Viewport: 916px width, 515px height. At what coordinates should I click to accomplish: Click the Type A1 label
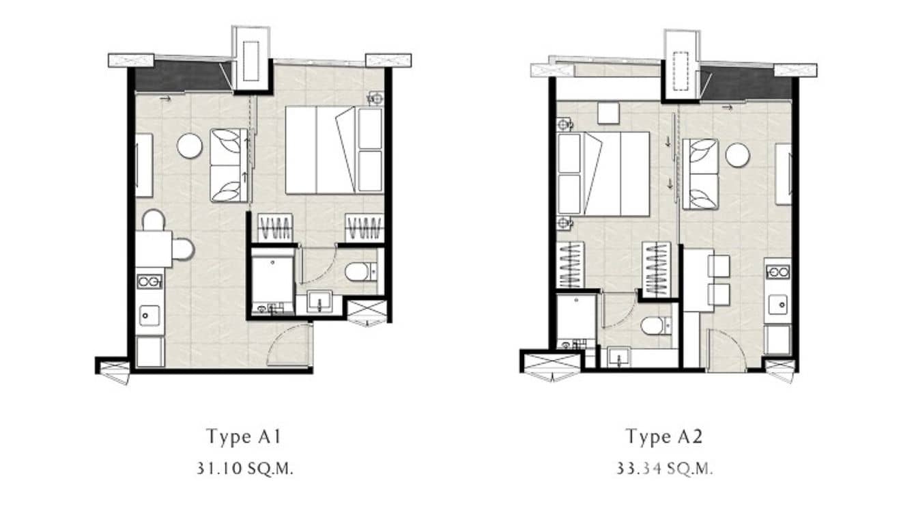coord(244,436)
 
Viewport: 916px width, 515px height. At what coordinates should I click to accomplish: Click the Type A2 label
coord(664,436)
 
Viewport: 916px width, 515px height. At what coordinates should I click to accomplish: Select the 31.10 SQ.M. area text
coord(244,469)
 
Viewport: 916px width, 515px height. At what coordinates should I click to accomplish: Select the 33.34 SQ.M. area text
coord(664,469)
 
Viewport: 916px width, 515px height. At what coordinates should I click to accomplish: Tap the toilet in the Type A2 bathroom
coord(656,326)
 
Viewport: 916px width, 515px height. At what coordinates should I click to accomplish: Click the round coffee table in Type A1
coord(189,145)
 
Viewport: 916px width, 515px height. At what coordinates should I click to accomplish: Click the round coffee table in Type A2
coord(737,156)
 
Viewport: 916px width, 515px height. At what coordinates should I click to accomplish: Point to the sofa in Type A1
coord(229,165)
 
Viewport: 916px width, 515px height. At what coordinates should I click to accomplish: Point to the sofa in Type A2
coord(700,173)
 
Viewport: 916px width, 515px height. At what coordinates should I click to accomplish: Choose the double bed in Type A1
coord(334,150)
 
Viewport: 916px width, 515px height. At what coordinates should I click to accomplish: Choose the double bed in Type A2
coord(603,173)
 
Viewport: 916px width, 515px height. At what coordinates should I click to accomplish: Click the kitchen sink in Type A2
coord(777,305)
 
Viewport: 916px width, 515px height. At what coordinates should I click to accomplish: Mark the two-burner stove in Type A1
coord(149,281)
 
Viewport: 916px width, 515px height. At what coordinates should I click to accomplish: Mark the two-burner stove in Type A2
coord(777,272)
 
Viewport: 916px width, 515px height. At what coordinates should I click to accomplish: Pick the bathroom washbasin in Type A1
coord(319,301)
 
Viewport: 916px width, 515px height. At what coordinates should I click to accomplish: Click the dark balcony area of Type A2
coord(747,85)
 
